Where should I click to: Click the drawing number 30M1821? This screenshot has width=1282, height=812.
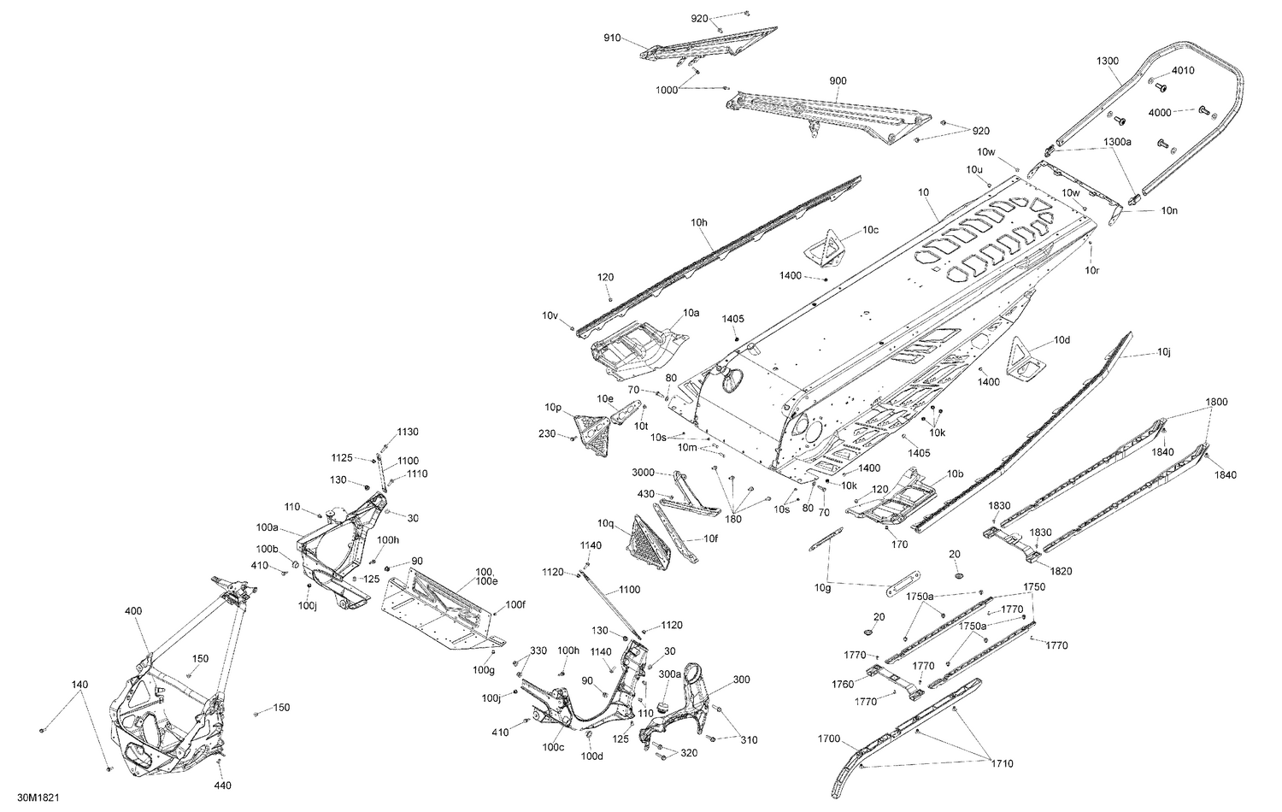pyautogui.click(x=38, y=797)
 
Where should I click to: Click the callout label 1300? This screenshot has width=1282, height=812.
pyautogui.click(x=1108, y=61)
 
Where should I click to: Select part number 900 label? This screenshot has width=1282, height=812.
pyautogui.click(x=838, y=80)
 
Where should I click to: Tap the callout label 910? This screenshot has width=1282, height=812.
pyautogui.click(x=612, y=38)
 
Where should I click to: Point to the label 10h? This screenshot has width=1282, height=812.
pyautogui.click(x=699, y=222)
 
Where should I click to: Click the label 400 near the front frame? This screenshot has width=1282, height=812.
pyautogui.click(x=133, y=611)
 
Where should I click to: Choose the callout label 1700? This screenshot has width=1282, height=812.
pyautogui.click(x=829, y=738)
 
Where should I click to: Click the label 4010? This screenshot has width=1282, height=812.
pyautogui.click(x=1183, y=70)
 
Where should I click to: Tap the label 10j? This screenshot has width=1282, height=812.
pyautogui.click(x=1164, y=352)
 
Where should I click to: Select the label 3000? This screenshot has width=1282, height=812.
pyautogui.click(x=643, y=472)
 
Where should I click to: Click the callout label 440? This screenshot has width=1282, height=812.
pyautogui.click(x=222, y=786)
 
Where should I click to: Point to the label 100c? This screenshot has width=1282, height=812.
pyautogui.click(x=554, y=747)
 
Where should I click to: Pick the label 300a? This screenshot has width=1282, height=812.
pyautogui.click(x=670, y=674)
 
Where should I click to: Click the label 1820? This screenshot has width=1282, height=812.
pyautogui.click(x=1061, y=570)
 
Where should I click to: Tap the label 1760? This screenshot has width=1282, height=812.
pyautogui.click(x=843, y=684)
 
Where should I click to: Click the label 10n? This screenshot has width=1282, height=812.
pyautogui.click(x=1169, y=210)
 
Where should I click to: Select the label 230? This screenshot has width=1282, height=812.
pyautogui.click(x=547, y=433)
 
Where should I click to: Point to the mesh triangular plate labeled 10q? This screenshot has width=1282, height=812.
pyautogui.click(x=649, y=542)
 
